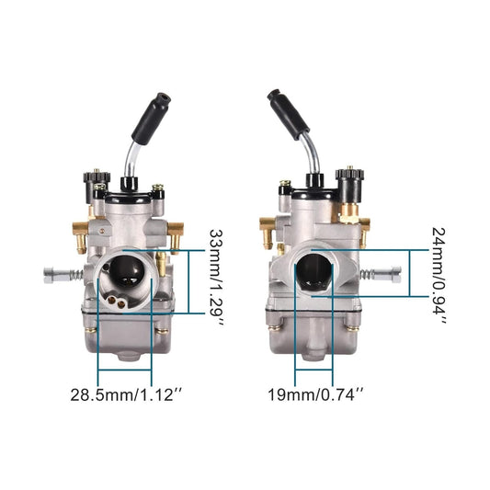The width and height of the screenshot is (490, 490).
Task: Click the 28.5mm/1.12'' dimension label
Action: coord(126,396)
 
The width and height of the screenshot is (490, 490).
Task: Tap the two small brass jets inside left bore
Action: coord(115,297)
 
